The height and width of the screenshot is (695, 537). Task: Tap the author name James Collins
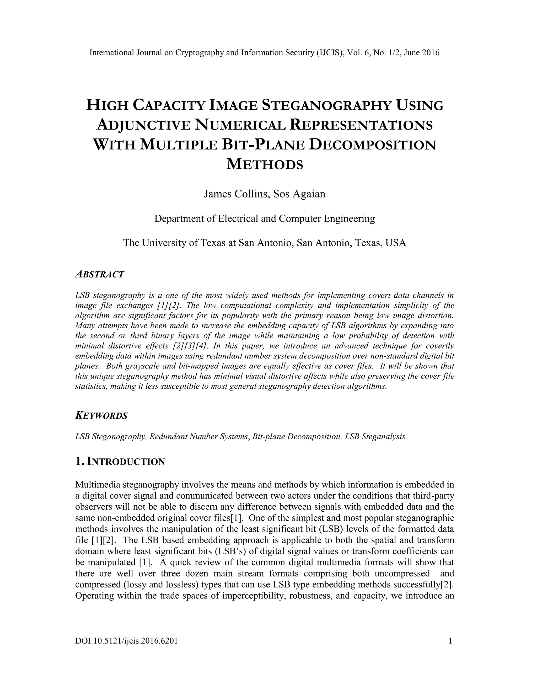[x=235, y=194]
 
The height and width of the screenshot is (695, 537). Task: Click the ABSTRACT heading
[x=100, y=274]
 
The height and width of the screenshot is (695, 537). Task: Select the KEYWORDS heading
[x=101, y=416]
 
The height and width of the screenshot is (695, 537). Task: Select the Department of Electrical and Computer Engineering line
[x=265, y=219]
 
